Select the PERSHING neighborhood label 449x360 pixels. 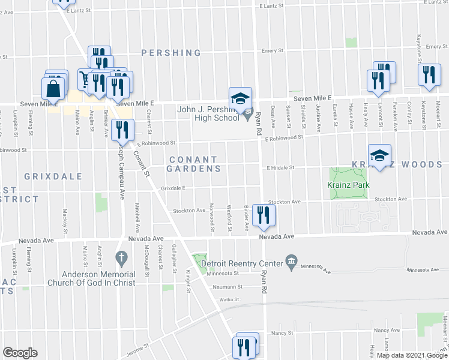pyautogui.click(x=171, y=53)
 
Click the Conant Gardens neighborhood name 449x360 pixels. pyautogui.click(x=193, y=164)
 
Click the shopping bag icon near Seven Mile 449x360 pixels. pyautogui.click(x=53, y=89)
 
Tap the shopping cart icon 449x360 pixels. pyautogui.click(x=85, y=79)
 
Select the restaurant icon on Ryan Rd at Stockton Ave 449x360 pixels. pyautogui.click(x=263, y=215)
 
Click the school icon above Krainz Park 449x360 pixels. pyautogui.click(x=379, y=155)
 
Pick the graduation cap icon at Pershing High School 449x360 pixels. pyautogui.click(x=240, y=98)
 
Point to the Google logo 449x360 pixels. pyautogui.click(x=20, y=353)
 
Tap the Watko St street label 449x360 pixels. pyautogui.click(x=229, y=299)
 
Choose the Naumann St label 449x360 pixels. pyautogui.click(x=226, y=287)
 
